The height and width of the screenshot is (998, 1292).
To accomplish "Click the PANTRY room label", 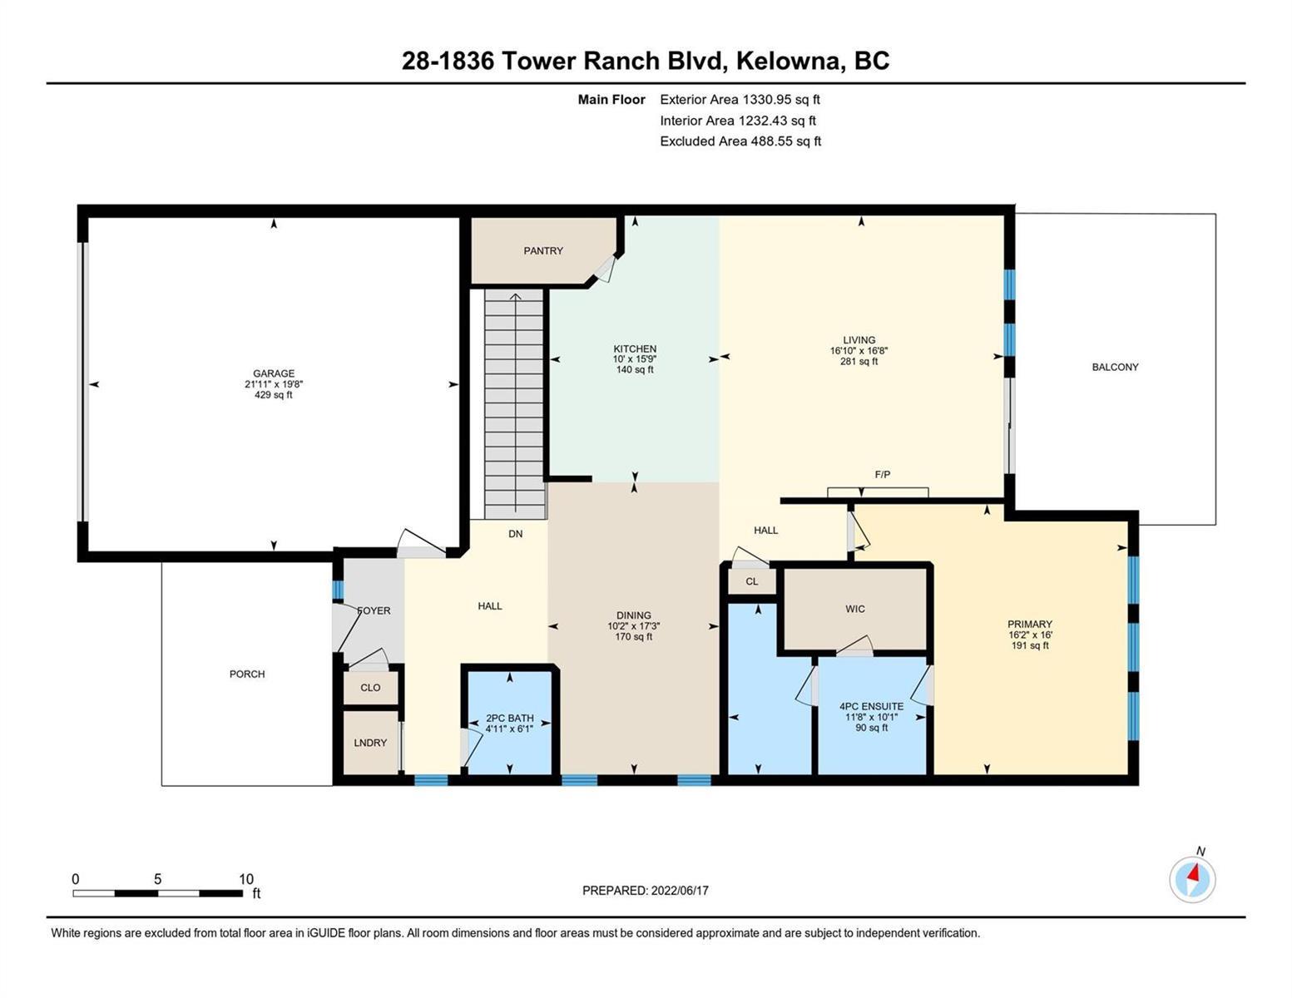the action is click(x=543, y=251).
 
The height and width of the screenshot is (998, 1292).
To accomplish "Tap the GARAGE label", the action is click(x=274, y=373).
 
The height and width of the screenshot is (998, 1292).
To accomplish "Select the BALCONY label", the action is click(x=1115, y=368).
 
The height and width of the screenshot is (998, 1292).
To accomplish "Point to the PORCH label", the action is click(x=247, y=674).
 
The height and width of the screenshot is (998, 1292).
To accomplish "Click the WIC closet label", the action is click(x=855, y=609).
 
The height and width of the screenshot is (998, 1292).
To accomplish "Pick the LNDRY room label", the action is click(x=370, y=743).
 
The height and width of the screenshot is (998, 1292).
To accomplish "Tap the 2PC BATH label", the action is click(x=509, y=718).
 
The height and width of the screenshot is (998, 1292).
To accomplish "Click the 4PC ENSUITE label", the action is click(x=871, y=706).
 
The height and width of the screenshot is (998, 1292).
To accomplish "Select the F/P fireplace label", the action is click(x=883, y=474).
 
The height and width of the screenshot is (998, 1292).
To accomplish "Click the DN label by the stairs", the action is click(x=516, y=534).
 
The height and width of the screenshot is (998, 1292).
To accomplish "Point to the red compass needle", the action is click(x=1193, y=873).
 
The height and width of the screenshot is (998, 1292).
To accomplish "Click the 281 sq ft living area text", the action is click(x=859, y=362).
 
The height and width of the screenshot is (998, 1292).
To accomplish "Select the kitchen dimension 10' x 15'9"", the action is click(x=635, y=359).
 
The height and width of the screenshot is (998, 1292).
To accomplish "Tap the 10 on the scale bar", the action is click(x=246, y=879).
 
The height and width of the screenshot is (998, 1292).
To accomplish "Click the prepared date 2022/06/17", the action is click(x=680, y=891).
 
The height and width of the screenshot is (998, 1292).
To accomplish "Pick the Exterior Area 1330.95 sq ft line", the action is click(x=740, y=100).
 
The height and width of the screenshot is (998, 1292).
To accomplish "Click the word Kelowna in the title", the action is click(x=791, y=62).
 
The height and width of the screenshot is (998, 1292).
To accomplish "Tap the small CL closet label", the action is click(x=751, y=581).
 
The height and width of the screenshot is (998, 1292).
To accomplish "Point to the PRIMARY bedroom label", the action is click(x=1030, y=624).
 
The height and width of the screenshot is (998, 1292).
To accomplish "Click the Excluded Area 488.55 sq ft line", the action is click(x=740, y=141).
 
